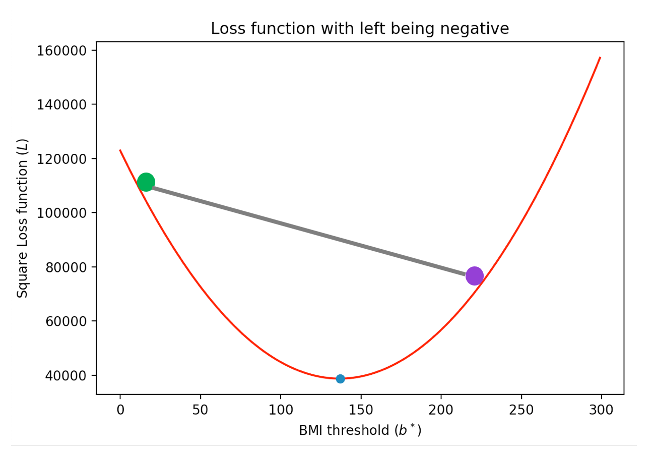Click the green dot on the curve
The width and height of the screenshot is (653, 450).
[x=146, y=182]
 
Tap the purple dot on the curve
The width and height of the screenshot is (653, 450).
[x=474, y=275]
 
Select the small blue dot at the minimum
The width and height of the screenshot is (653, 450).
[x=340, y=378]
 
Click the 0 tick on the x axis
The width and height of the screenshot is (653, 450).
[x=120, y=410]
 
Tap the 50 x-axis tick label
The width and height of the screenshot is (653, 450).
[x=201, y=410]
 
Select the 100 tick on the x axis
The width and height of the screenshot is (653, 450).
[x=281, y=410]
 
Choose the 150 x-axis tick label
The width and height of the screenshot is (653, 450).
[x=361, y=410]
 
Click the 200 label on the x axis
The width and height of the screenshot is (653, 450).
[x=441, y=410]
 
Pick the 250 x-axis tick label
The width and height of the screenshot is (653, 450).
[x=521, y=410]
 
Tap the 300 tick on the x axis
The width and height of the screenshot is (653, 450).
[x=601, y=410]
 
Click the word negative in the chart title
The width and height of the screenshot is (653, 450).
[x=476, y=29]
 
